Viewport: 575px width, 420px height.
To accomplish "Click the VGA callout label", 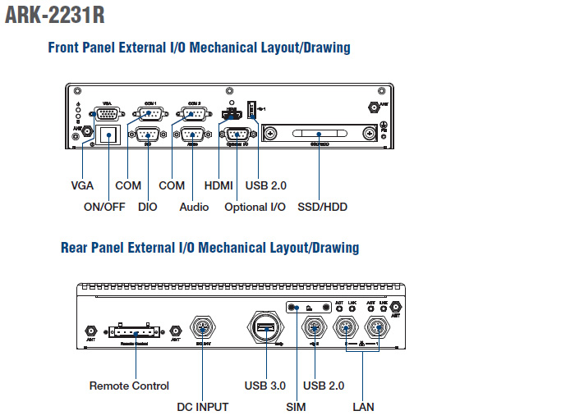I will pos(82,185).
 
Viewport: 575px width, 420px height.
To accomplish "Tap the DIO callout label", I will pos(148,207).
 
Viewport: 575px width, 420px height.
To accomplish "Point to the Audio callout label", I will pos(194,207).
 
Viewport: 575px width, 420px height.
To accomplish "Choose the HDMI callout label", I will pos(218,185).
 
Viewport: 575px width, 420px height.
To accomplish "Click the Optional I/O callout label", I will pos(255,207).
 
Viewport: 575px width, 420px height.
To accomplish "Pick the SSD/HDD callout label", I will pos(322,207).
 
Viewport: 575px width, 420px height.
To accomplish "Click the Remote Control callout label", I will pos(129,386).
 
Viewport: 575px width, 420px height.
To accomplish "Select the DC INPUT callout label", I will pos(203,407).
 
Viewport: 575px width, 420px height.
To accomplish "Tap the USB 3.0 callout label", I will pos(264,386).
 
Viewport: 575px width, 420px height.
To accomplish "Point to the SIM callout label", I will pos(296,407).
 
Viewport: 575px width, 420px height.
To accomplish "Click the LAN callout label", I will pos(363,407).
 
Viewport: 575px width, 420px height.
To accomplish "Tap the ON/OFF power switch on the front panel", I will pos(106,135).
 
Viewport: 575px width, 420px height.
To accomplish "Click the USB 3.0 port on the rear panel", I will pos(264,330).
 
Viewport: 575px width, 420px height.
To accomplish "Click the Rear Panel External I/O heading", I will pos(209,248).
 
